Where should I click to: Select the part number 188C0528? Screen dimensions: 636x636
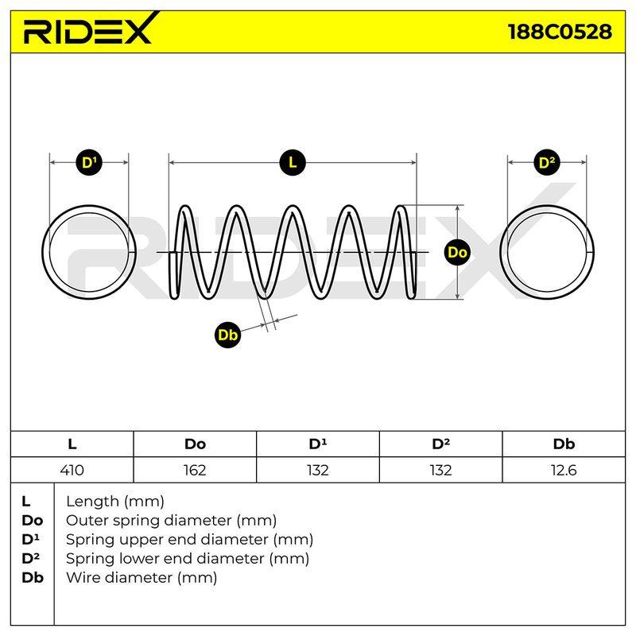(560, 32)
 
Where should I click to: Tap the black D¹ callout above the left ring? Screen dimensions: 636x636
(89, 163)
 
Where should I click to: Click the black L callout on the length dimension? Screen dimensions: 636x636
(293, 163)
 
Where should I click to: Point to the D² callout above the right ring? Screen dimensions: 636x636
(547, 163)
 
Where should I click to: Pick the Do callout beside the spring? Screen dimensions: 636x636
(458, 252)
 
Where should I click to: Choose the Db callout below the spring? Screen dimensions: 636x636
(227, 335)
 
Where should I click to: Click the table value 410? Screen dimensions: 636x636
(72, 470)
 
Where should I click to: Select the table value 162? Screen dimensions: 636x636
(195, 470)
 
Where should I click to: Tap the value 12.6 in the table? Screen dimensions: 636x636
(564, 470)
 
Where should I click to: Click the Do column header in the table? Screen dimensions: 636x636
(195, 444)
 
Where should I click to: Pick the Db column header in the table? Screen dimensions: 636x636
(564, 444)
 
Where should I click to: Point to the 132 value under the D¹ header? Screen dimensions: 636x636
(317, 470)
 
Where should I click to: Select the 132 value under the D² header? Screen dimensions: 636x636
(440, 470)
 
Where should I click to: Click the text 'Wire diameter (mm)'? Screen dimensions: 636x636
(142, 577)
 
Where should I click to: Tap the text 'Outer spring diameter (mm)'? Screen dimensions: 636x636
(171, 520)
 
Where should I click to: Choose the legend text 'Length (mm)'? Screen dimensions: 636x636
(115, 502)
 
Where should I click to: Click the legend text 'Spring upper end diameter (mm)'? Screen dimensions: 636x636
(189, 540)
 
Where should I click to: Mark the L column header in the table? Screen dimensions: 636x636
(72, 444)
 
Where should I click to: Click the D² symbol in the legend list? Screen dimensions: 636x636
(31, 558)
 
